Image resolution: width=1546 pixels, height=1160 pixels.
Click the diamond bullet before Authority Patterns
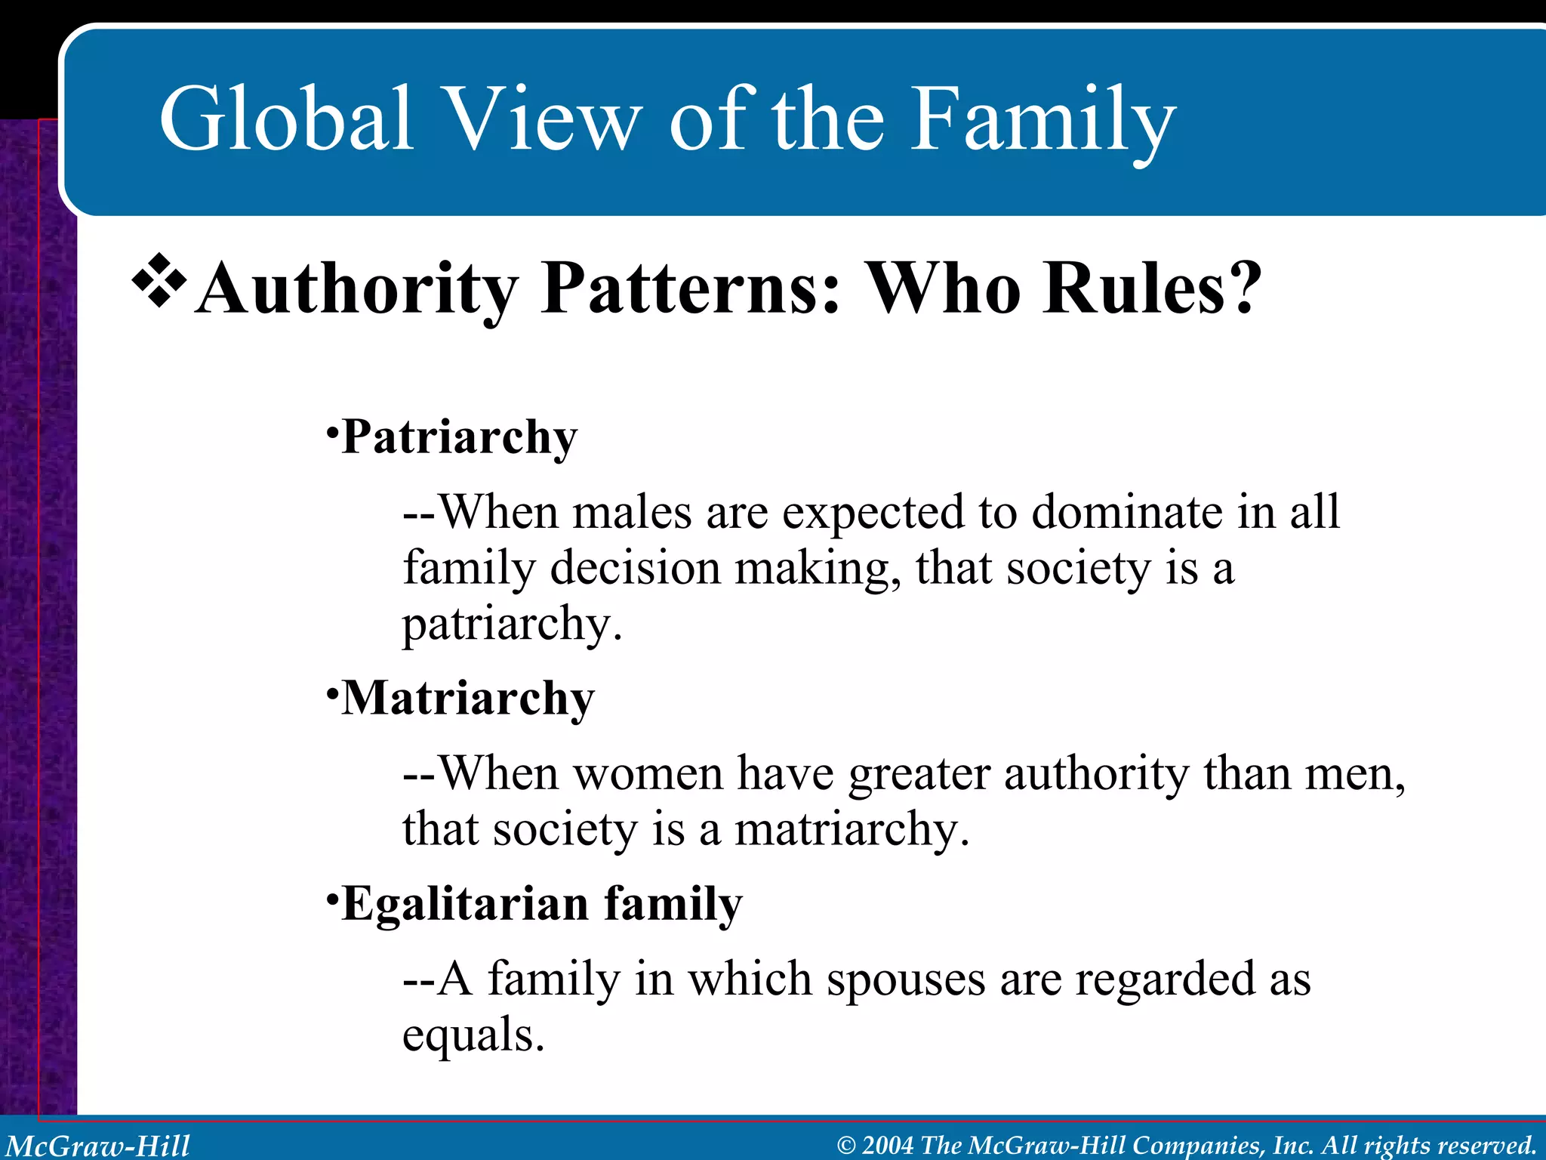tap(159, 282)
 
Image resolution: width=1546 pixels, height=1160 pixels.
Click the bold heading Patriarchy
tap(459, 437)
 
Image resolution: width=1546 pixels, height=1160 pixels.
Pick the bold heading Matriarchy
tap(468, 699)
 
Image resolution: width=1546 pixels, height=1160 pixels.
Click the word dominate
tap(1127, 512)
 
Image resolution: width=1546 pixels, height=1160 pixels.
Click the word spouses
tap(906, 980)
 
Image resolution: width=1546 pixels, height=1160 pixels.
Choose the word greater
tap(919, 775)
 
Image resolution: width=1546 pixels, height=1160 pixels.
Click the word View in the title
tap(542, 119)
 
